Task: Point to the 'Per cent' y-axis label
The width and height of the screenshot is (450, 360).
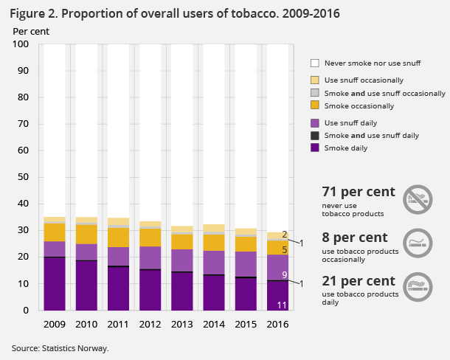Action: (29, 31)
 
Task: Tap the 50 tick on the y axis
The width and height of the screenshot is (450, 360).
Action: (23, 177)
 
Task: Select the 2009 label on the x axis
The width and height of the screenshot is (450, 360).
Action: (55, 322)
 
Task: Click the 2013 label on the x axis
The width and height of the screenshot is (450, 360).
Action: (182, 322)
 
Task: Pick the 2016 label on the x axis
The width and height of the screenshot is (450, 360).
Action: (278, 322)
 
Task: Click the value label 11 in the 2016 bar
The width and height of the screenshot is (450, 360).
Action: (281, 305)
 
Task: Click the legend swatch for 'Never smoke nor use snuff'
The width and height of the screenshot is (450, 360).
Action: (315, 63)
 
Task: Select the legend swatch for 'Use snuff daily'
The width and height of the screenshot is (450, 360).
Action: (315, 122)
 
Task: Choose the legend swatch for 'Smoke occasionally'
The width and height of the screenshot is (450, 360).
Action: (315, 105)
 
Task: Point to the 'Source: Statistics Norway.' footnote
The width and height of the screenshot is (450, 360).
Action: (60, 347)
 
